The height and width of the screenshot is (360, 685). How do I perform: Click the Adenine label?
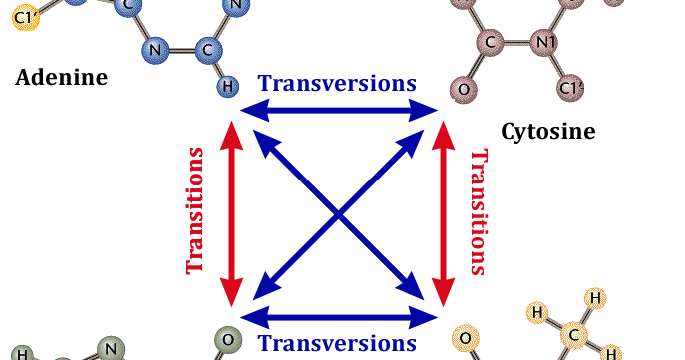[x=61, y=77]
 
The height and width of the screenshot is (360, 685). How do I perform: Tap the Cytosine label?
[x=548, y=131]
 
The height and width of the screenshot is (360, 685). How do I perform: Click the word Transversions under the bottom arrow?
[x=338, y=344]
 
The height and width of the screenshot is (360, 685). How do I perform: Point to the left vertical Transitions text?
[x=196, y=210]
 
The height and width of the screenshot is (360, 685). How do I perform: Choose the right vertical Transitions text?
[x=479, y=210]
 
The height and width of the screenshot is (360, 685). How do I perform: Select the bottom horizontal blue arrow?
[x=339, y=318]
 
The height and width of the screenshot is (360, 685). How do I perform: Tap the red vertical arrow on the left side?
[x=230, y=210]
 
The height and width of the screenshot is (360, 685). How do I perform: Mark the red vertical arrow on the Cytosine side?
[x=445, y=210]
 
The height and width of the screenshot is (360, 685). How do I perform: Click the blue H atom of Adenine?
[x=228, y=86]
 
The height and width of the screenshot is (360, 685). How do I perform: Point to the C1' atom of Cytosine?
[x=571, y=88]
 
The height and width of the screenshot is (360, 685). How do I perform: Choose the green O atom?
[x=227, y=339]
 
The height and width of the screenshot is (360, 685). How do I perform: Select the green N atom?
[x=112, y=347]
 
